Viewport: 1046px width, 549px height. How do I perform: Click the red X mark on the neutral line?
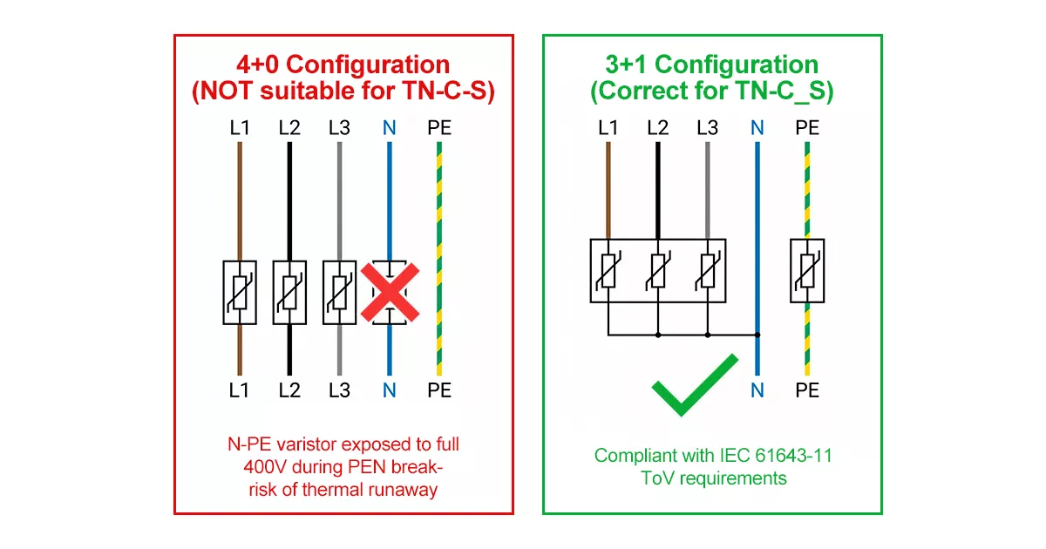coord(390,292)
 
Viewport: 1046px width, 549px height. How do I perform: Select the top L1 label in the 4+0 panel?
coord(240,128)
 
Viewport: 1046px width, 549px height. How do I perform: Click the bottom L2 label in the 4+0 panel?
coord(289,390)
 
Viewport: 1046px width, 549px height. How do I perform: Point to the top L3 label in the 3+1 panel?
coord(708,128)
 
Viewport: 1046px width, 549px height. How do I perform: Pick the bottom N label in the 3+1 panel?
coord(757,390)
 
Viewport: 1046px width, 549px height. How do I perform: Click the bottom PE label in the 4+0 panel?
coord(439,390)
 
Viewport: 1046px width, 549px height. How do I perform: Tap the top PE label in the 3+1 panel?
coord(807,128)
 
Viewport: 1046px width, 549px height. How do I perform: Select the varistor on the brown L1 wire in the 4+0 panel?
coord(240,292)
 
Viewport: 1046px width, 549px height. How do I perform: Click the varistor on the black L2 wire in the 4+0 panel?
coord(289,292)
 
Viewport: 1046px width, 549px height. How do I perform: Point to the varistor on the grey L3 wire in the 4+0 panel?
coord(339,292)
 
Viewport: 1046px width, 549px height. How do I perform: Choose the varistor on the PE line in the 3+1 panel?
coord(807,270)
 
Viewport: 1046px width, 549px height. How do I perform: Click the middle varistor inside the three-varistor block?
coord(658,270)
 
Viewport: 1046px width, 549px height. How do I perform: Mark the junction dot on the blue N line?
coord(757,334)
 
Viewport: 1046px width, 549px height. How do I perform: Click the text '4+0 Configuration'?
coord(343,64)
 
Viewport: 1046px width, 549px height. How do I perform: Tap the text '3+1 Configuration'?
coord(711,64)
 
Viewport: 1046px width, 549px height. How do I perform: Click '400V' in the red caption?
coord(262,467)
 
